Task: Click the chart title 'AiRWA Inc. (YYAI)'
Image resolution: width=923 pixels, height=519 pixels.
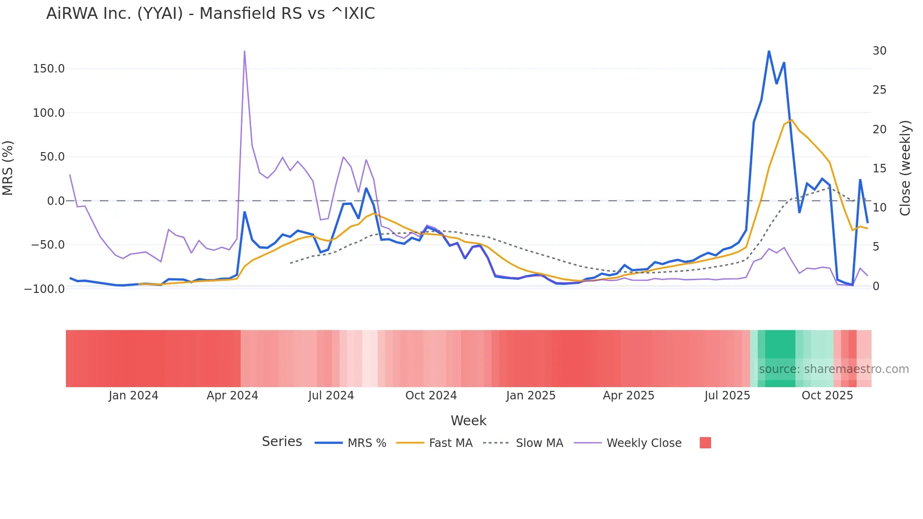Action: (x=211, y=14)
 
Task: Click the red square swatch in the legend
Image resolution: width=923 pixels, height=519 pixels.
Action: (x=705, y=443)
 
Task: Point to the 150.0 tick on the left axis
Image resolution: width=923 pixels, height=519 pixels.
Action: (x=49, y=69)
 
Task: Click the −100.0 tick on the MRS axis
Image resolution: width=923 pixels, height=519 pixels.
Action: (x=44, y=289)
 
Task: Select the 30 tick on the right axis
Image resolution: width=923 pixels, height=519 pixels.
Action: (x=879, y=51)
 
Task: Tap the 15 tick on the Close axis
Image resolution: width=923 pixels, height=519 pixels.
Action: (x=879, y=169)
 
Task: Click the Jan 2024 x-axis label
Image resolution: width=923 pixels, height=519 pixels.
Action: (x=133, y=396)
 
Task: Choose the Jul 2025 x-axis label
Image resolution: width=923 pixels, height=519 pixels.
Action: (x=727, y=396)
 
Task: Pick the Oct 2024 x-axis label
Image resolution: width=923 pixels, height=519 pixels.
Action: (x=431, y=396)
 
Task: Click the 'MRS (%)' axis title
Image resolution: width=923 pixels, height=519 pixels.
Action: (x=8, y=168)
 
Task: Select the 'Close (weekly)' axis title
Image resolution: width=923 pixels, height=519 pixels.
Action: (x=905, y=168)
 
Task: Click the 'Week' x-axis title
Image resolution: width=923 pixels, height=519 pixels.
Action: (x=469, y=421)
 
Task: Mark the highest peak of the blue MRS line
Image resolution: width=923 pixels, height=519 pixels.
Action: (x=769, y=51)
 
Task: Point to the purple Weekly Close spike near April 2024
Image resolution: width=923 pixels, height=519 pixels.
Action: (x=244, y=51)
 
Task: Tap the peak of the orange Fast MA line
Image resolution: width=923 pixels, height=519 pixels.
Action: (x=791, y=120)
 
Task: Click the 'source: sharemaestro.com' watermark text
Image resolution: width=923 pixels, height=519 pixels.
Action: (x=834, y=369)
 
